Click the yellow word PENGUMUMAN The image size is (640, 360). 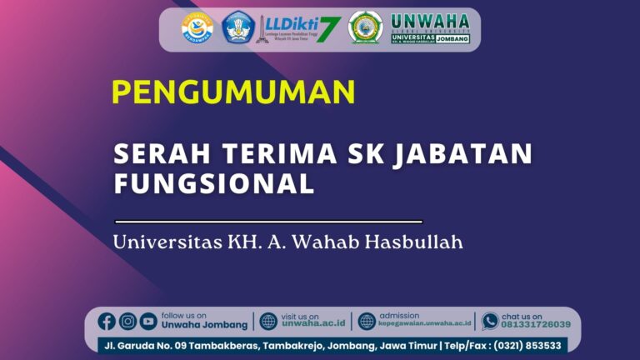pos(233,91)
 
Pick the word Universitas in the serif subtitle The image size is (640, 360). pos(163,243)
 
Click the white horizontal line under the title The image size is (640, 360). pos(268,222)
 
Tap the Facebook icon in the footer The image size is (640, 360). pos(107,322)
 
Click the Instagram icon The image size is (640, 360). pos(127,322)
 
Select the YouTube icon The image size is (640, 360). pos(148,322)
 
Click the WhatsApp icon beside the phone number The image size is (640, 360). pos(490,321)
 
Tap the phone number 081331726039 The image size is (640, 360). pos(536,325)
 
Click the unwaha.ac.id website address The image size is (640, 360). pos(313,325)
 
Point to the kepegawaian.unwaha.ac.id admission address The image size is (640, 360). pos(425,325)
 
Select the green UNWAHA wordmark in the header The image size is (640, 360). pos(430,21)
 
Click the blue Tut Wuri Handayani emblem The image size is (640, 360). pos(237,27)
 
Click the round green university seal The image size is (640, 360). pos(365,28)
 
